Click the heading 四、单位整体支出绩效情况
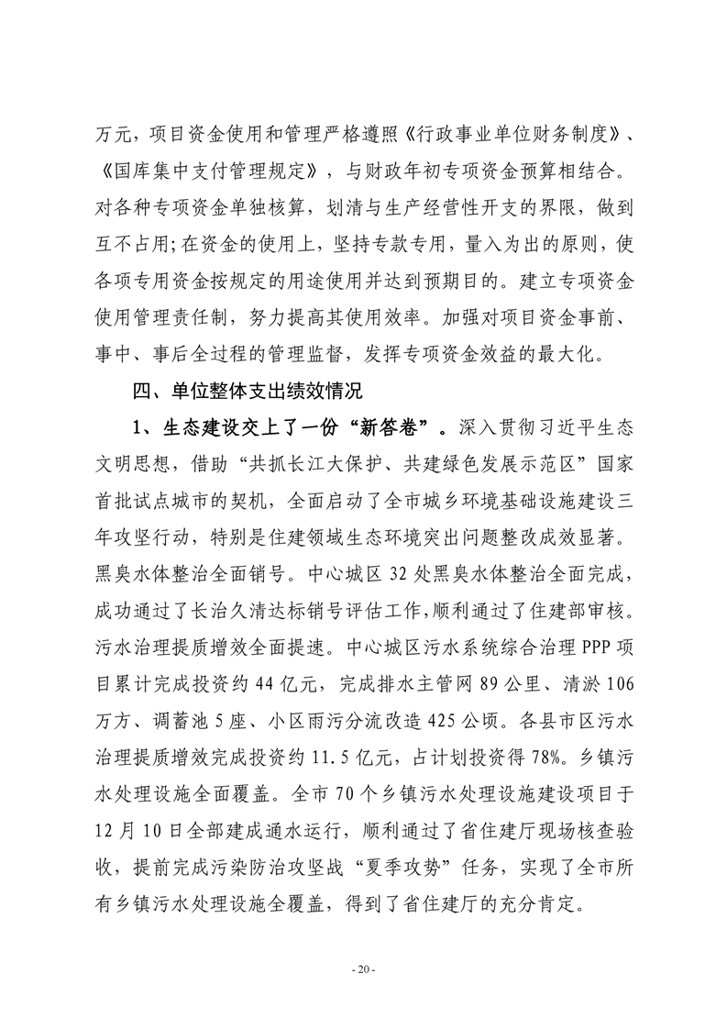pos(248,393)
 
